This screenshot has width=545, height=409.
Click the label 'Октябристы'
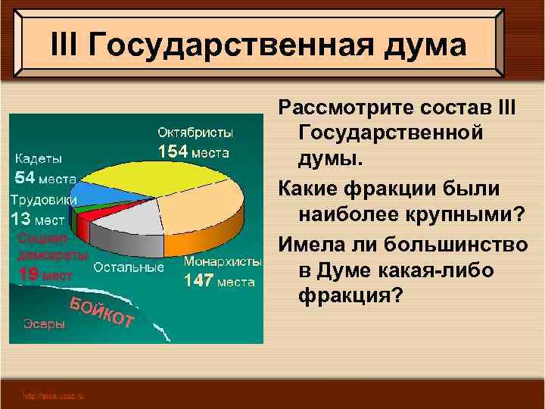[195, 133]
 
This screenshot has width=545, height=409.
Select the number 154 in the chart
[173, 151]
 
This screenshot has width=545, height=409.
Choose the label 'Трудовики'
[44, 200]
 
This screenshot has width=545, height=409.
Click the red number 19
[28, 275]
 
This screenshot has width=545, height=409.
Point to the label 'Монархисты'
[223, 261]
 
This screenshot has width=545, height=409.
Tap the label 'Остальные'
[129, 267]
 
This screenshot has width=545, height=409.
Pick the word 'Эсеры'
[43, 323]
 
